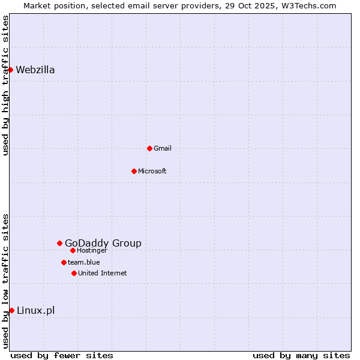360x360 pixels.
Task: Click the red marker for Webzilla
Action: (x=10, y=70)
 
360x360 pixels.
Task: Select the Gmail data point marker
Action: (x=149, y=148)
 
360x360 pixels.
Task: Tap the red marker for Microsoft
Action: (x=134, y=171)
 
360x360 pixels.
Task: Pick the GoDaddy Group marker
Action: (x=59, y=243)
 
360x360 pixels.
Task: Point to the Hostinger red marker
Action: (x=73, y=250)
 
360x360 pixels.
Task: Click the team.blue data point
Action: (x=64, y=262)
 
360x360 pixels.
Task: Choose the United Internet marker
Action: (x=74, y=273)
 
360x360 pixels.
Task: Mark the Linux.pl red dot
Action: (x=11, y=310)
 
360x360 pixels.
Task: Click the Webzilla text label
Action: (x=35, y=70)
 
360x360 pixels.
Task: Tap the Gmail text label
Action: (x=163, y=148)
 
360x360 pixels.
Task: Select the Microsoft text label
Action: (x=152, y=171)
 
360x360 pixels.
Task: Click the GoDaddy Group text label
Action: (x=103, y=243)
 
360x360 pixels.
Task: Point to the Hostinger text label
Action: (x=92, y=250)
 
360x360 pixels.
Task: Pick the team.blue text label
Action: (x=84, y=262)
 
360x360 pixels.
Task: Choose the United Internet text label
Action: (x=103, y=273)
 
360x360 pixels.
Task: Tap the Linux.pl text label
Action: (x=36, y=310)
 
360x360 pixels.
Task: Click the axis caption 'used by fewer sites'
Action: (x=62, y=355)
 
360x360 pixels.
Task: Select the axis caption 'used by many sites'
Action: (x=301, y=355)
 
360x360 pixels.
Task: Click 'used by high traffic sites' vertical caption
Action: (x=5, y=85)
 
